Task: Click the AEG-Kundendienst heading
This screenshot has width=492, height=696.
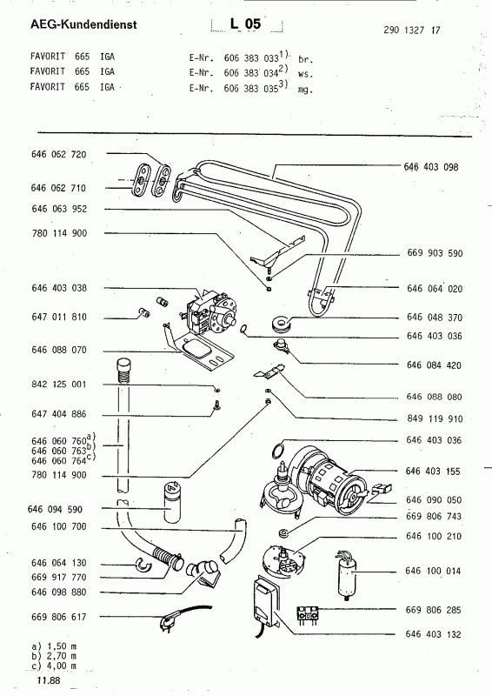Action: point(83,24)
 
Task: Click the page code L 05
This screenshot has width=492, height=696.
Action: point(245,23)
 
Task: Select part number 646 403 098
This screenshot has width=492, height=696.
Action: point(431,167)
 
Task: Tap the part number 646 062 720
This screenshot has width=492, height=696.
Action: point(59,154)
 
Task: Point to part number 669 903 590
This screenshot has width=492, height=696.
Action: point(435,253)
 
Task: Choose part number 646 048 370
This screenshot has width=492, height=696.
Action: point(435,318)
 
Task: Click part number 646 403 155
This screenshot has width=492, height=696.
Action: point(433,471)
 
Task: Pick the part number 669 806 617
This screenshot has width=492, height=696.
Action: point(59,617)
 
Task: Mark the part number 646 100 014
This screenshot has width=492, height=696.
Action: point(433,571)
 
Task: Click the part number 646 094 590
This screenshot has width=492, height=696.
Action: point(55,509)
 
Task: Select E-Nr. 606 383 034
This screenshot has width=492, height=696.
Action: point(238,72)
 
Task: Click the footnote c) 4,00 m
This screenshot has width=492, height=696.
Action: point(54,666)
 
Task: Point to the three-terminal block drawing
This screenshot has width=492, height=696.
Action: point(308,615)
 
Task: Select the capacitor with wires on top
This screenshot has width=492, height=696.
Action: point(347,574)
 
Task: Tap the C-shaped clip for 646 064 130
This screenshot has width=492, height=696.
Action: point(143,564)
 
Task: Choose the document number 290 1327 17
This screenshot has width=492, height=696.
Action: point(412,30)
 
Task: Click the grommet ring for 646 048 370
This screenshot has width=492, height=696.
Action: point(280,323)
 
